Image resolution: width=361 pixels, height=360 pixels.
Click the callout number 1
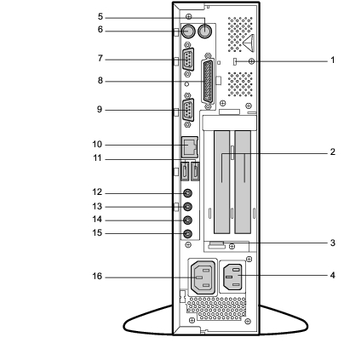333,60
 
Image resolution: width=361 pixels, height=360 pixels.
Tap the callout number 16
97,276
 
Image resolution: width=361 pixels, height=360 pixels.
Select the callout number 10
97,145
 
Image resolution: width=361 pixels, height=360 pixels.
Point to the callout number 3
333,243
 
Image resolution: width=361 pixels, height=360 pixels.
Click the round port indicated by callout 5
205,31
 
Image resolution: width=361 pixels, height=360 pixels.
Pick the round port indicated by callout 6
188,31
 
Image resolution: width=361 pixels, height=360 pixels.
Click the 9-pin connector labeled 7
188,60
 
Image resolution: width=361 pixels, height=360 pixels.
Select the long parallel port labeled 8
208,82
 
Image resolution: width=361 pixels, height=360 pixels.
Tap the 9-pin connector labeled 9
188,110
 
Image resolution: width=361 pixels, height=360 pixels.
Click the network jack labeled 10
190,147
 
